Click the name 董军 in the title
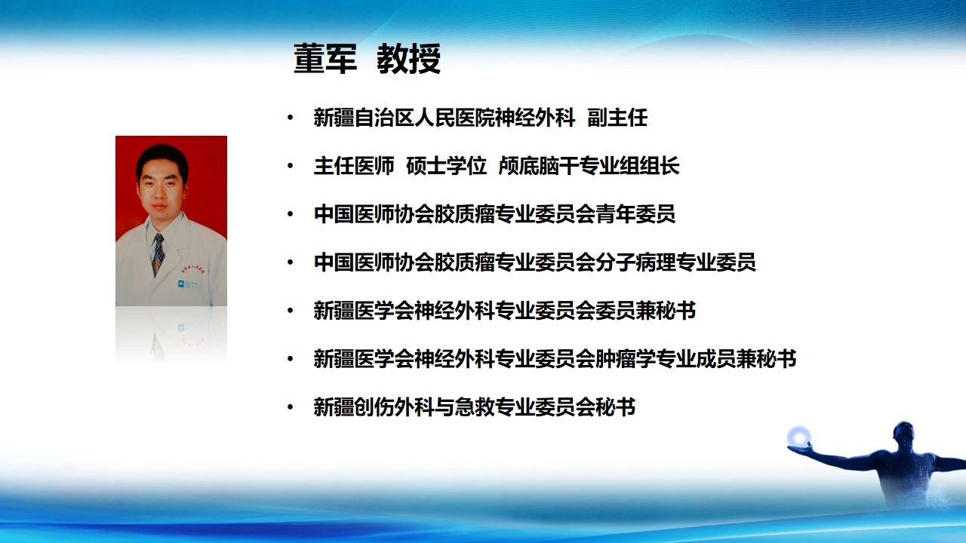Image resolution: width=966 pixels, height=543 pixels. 325,59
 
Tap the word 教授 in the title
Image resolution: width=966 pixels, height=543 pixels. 409,59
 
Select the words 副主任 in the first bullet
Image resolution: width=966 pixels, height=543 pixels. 617,118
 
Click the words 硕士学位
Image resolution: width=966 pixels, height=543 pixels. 446,166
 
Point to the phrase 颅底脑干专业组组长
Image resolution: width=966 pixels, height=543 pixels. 589,166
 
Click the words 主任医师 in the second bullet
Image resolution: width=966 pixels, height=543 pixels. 354,166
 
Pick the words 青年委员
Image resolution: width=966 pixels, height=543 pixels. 635,214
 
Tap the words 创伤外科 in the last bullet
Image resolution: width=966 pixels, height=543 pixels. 394,407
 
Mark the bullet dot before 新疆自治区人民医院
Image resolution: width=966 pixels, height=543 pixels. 291,118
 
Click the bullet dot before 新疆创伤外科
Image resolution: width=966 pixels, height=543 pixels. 291,407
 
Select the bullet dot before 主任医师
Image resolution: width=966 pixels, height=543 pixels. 291,166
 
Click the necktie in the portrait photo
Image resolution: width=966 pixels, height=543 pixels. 158,254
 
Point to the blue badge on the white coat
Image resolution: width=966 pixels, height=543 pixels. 181,284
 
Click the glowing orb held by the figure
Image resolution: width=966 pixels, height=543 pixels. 798,437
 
